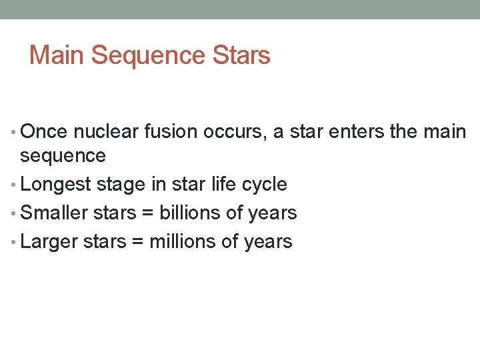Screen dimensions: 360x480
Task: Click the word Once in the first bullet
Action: coord(44,132)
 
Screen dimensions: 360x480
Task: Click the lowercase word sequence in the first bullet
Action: coord(63,156)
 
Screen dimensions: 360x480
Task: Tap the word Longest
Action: coord(60,185)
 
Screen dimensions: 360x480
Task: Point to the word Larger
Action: coord(49,241)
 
